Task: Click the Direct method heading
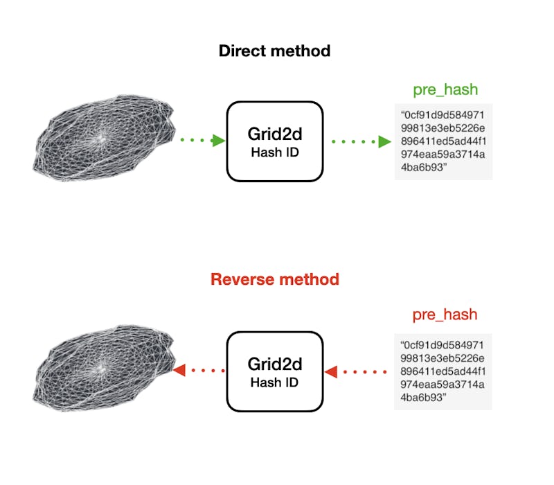click(x=275, y=51)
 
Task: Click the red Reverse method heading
click(x=275, y=280)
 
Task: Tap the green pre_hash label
click(x=445, y=90)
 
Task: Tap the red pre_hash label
click(x=445, y=315)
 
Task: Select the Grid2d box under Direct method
click(x=275, y=141)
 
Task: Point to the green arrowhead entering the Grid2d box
click(x=219, y=141)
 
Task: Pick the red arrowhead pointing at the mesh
click(x=179, y=371)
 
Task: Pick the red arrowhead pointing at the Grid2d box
click(x=331, y=372)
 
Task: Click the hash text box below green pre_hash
click(x=443, y=141)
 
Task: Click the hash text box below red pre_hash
click(x=443, y=371)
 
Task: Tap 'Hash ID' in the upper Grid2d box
click(x=275, y=152)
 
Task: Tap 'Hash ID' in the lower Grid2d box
click(x=275, y=382)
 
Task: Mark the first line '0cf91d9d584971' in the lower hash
click(x=443, y=344)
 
